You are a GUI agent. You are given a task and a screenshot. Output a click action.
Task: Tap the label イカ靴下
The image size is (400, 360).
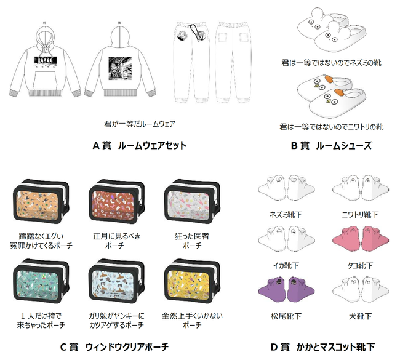(x=284, y=265)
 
